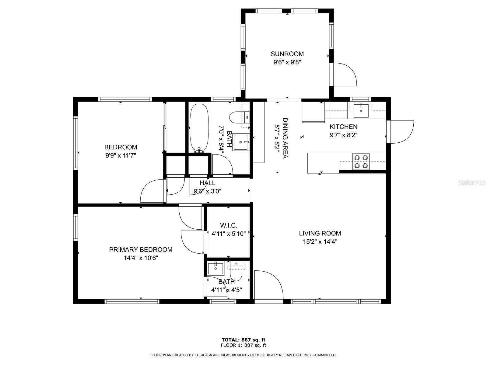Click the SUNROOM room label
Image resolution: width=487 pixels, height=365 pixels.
coord(287,54)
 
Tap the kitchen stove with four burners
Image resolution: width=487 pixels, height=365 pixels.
coord(361,162)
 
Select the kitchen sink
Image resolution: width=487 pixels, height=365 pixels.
coord(361,110)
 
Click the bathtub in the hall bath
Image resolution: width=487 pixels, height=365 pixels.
coord(199,128)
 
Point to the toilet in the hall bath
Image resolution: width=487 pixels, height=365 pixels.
coord(240,117)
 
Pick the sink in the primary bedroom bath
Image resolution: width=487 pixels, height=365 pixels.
coord(216,268)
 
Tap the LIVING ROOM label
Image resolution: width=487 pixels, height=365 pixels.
coord(320,233)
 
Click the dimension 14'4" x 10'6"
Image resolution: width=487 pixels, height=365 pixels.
coord(141,258)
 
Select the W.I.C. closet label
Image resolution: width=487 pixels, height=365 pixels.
coord(229,226)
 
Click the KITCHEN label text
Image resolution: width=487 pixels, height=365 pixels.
coord(343,127)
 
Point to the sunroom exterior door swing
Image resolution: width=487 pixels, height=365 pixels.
coord(345,74)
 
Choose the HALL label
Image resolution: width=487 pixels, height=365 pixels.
coord(208,183)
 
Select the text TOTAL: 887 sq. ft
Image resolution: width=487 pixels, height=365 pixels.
coord(243,340)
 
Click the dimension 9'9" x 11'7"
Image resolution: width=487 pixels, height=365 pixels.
coord(121,155)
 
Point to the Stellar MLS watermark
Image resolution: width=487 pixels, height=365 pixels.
coord(471,183)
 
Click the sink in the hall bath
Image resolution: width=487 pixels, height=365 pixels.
coord(240,142)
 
